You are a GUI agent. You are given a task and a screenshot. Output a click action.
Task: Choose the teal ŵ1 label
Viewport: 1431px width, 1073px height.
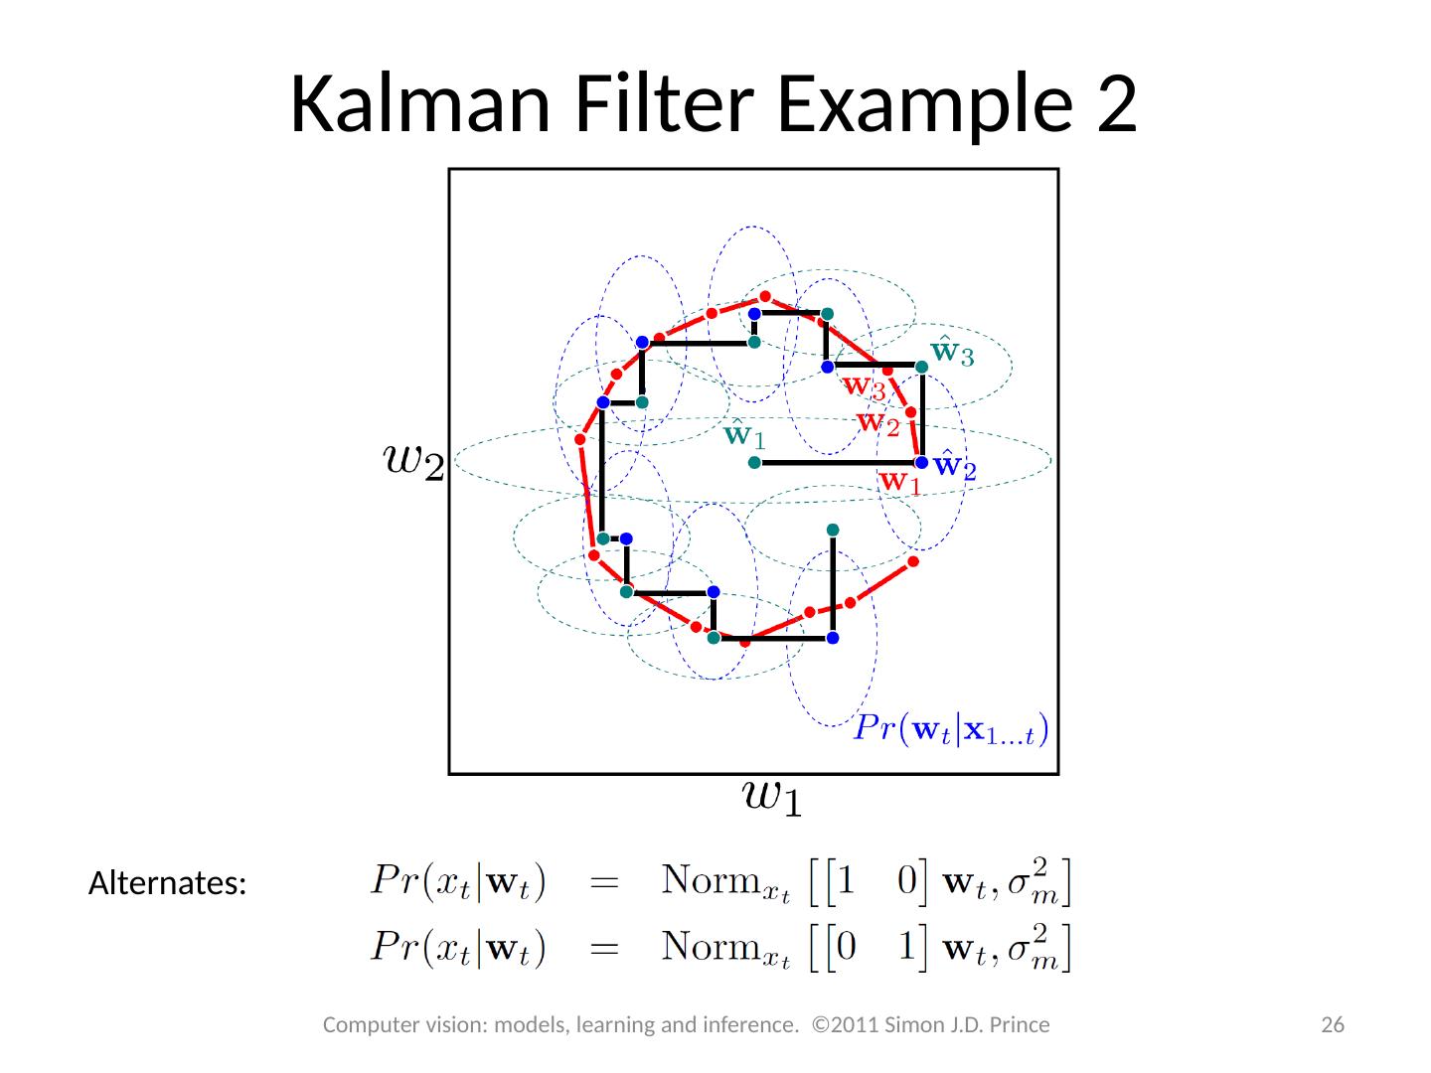(x=745, y=434)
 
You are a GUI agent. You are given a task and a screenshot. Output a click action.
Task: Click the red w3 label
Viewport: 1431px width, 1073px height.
(x=864, y=385)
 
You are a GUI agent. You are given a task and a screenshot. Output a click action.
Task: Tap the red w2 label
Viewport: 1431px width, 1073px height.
(x=878, y=423)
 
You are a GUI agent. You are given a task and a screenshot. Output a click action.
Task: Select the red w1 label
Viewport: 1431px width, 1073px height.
(x=899, y=482)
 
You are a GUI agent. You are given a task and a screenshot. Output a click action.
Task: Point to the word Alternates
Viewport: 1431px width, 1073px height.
(x=167, y=883)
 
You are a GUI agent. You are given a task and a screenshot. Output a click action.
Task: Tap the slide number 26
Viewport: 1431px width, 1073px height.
(x=1332, y=1025)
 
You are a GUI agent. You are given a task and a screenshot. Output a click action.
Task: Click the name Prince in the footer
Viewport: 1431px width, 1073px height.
(x=1018, y=1025)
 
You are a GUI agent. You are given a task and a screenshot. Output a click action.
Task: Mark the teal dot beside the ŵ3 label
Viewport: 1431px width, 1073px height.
(x=921, y=367)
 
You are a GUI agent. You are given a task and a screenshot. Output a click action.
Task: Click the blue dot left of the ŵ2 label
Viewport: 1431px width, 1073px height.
(x=921, y=463)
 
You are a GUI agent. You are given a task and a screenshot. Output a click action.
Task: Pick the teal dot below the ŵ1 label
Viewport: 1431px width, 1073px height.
(x=754, y=463)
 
